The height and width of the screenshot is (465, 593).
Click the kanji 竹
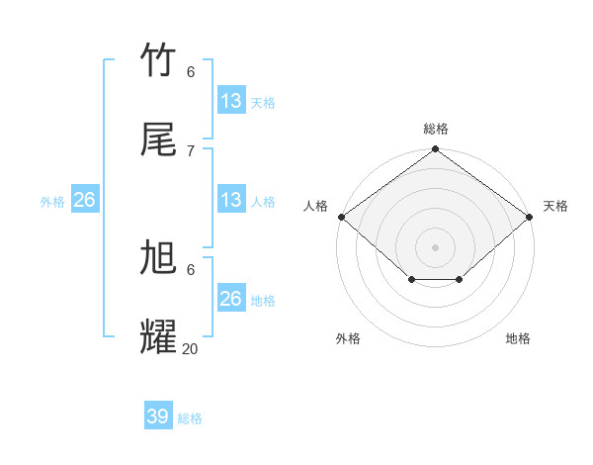coord(159,60)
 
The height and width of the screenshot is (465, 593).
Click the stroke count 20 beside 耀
coord(191,348)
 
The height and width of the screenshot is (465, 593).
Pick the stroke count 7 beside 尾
coord(191,150)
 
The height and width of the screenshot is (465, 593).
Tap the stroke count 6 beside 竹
coord(191,71)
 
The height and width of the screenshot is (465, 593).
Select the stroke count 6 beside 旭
coord(191,269)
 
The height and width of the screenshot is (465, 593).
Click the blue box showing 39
coord(158,417)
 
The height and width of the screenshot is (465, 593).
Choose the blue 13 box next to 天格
coord(231,101)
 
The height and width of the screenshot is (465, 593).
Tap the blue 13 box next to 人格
coord(231,200)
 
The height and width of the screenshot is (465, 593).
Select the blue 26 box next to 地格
coord(231,299)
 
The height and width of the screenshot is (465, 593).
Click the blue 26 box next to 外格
coord(85,200)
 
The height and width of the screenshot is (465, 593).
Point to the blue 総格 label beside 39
coord(190,418)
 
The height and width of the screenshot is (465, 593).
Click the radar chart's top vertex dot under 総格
coord(435,150)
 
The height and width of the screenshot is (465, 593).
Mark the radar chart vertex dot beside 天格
coord(530,217)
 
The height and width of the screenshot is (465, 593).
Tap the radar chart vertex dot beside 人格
coord(341,217)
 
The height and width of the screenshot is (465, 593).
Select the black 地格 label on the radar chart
coord(518,338)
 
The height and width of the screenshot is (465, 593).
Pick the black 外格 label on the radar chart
coord(348,338)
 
